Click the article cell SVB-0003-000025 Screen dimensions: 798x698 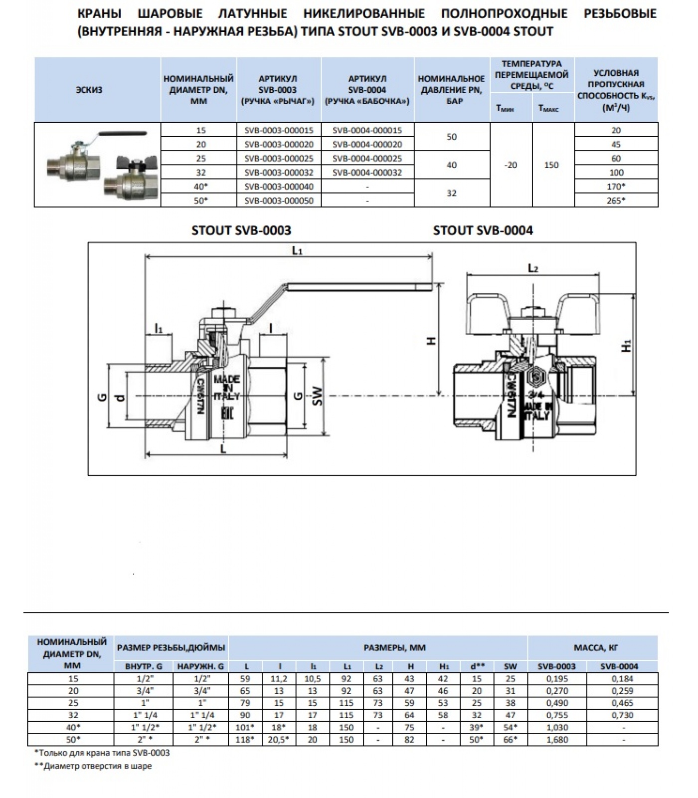[x=279, y=158]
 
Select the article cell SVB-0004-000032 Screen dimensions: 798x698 [x=367, y=172]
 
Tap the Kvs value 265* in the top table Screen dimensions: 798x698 [x=616, y=200]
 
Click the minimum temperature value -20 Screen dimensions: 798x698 [x=511, y=165]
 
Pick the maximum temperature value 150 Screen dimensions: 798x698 [x=551, y=165]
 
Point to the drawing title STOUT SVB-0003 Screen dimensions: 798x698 [x=241, y=230]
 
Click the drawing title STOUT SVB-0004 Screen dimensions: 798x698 [x=483, y=230]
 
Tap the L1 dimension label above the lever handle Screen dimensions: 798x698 [x=297, y=251]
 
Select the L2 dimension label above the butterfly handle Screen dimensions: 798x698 [x=533, y=269]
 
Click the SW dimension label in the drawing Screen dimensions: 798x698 [x=317, y=396]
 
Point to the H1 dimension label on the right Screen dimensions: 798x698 [x=627, y=345]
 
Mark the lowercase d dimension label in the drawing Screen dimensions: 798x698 [x=120, y=398]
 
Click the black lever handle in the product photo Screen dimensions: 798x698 [x=123, y=134]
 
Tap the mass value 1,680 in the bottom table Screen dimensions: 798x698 [x=557, y=739]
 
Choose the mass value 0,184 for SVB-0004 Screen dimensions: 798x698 [x=622, y=678]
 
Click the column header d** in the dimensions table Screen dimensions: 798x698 [x=477, y=666]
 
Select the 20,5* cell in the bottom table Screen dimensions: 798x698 [x=279, y=739]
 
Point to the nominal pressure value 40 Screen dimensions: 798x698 [x=452, y=165]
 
